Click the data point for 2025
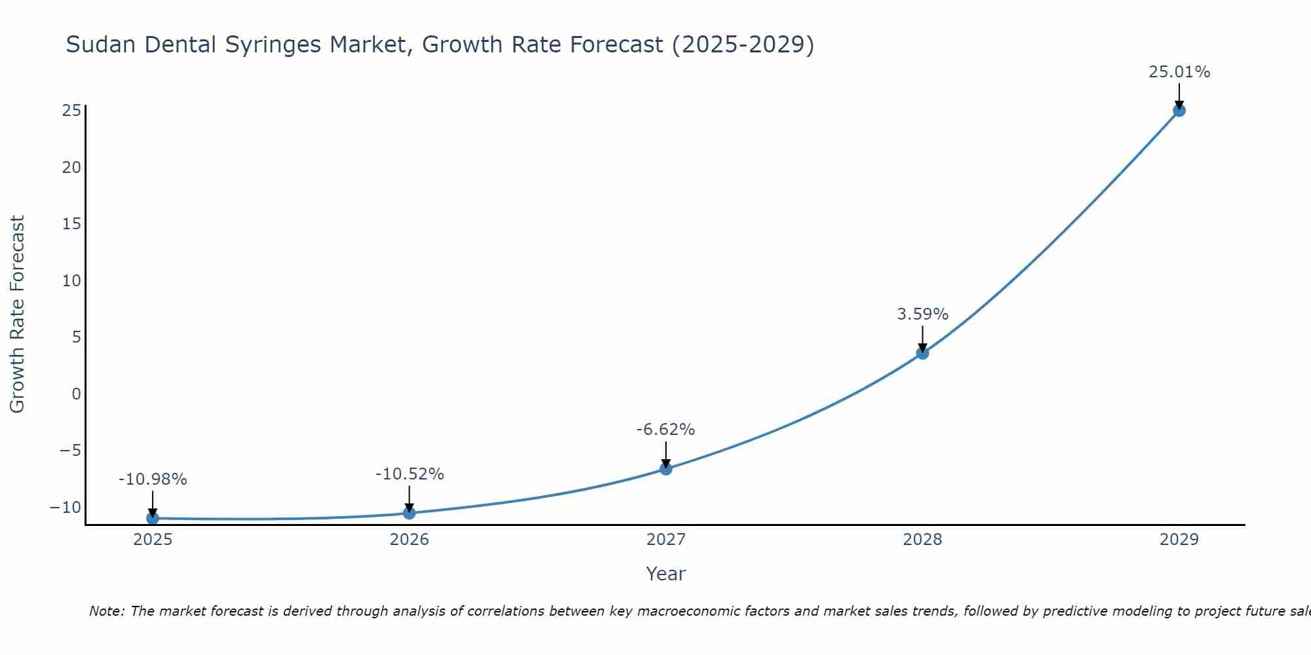[x=153, y=518]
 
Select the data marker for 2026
[x=409, y=513]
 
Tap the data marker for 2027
[x=666, y=469]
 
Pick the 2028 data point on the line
[x=922, y=353]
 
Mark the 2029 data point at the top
[x=1179, y=111]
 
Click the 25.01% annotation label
[x=1179, y=72]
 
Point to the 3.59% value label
[x=922, y=314]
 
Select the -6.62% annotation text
[x=665, y=430]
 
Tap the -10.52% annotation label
[x=410, y=474]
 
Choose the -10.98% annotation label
[x=153, y=479]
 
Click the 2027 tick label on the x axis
[x=666, y=540]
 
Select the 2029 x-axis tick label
[x=1179, y=540]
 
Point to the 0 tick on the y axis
[x=77, y=394]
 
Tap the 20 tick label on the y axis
[x=71, y=168]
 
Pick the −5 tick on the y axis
[x=70, y=451]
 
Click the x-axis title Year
[x=665, y=574]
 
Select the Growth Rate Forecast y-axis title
[x=17, y=314]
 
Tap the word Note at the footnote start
[x=106, y=611]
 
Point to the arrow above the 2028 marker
[x=922, y=339]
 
